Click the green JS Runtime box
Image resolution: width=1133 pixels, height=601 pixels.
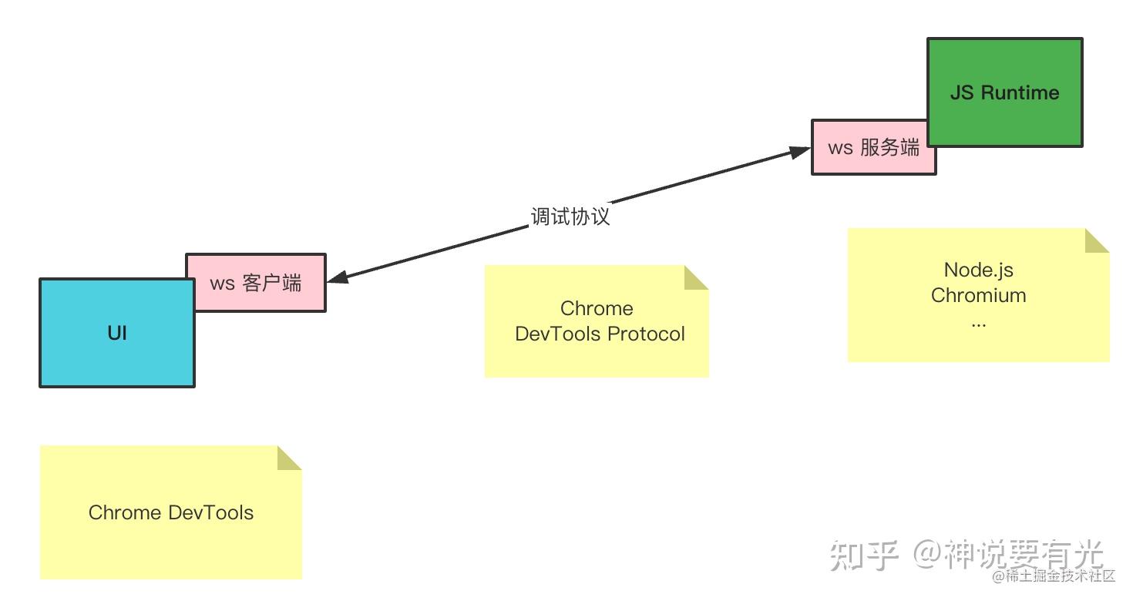[1004, 92]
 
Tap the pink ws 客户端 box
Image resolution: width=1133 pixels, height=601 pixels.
[256, 283]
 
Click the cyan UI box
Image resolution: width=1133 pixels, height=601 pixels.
[116, 333]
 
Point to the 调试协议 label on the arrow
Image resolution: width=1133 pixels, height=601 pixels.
[570, 217]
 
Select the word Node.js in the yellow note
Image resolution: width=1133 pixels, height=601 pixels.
[978, 270]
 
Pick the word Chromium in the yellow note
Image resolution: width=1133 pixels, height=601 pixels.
[978, 295]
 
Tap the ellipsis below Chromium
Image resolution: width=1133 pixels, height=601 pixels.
[978, 322]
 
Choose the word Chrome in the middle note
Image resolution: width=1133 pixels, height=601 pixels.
[597, 308]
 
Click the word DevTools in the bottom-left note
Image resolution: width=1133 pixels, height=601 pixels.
[210, 512]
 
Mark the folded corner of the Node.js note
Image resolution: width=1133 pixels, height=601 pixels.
[1095, 242]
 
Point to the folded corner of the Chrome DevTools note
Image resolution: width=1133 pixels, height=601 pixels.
[288, 458]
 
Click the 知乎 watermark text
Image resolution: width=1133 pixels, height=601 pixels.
[864, 555]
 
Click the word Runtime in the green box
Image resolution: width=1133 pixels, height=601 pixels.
[1020, 92]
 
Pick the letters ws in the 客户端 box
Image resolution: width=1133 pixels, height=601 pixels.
[222, 283]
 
